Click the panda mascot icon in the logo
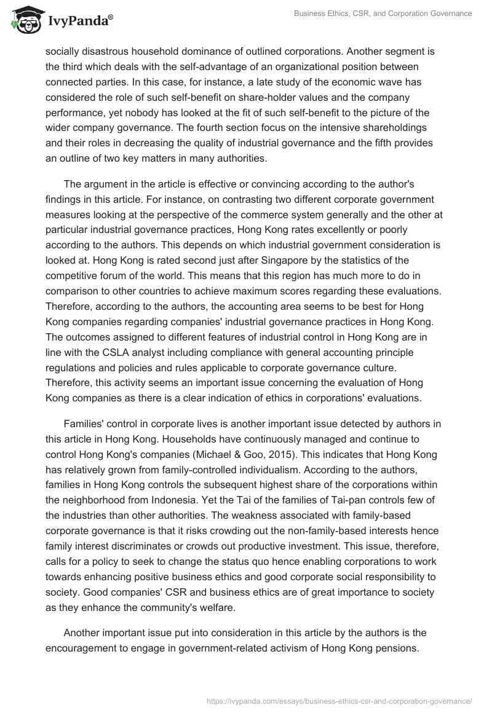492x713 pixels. [24, 20]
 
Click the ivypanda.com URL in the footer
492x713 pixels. [339, 700]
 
